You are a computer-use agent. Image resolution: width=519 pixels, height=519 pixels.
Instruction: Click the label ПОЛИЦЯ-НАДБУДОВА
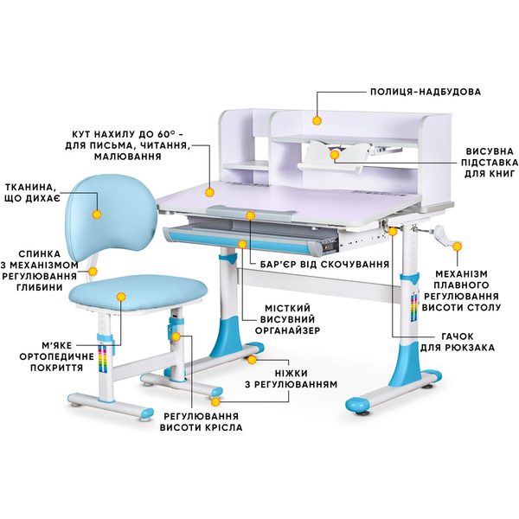coord(425,91)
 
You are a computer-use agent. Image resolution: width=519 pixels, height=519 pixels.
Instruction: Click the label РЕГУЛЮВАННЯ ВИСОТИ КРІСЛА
coord(203,421)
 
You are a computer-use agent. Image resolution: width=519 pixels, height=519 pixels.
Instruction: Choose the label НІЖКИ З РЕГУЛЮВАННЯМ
coord(301,375)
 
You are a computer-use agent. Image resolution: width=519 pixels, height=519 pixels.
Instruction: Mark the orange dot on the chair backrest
coord(96,211)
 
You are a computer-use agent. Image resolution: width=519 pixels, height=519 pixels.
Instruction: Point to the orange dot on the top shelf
coord(317,122)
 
